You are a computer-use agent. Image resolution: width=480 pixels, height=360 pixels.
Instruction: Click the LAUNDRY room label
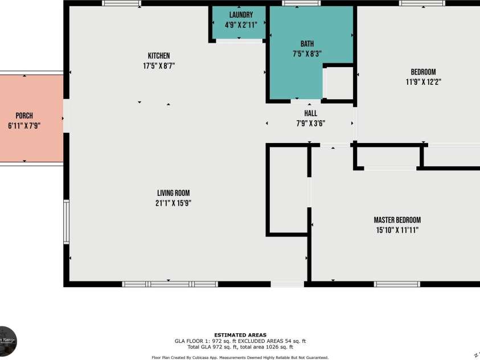tap(238, 15)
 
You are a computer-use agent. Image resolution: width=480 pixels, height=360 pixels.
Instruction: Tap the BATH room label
tap(307, 44)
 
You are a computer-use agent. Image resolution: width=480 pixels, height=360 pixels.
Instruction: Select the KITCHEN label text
tap(159, 56)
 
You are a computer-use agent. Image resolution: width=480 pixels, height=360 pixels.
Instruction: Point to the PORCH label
tap(24, 116)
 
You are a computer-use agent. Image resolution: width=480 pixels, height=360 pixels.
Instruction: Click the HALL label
tap(310, 113)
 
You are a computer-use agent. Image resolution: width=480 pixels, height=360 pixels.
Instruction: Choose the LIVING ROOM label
tap(174, 193)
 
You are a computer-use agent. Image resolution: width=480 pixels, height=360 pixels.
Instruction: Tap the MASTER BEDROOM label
tap(397, 220)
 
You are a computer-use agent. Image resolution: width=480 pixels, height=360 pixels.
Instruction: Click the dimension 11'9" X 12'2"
tap(423, 81)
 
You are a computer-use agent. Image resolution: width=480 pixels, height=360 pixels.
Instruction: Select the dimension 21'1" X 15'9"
tap(174, 203)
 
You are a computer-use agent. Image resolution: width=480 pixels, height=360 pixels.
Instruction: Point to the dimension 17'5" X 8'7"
tap(159, 66)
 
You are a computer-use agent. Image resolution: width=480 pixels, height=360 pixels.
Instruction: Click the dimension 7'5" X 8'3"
tap(307, 54)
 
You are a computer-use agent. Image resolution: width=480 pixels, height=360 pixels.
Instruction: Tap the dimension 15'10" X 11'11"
tap(397, 230)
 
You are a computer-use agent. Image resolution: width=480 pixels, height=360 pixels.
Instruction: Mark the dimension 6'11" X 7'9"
tap(24, 125)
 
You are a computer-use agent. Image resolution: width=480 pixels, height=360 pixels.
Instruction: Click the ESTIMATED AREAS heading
tap(240, 335)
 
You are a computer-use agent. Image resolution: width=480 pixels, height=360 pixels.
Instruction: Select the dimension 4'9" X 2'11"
tap(238, 25)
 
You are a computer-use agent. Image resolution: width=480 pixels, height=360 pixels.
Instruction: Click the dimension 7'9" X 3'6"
tap(310, 123)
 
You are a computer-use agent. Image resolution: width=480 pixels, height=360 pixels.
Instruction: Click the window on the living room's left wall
tap(67, 222)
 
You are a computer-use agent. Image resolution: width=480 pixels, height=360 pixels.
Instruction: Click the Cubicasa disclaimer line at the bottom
tap(240, 357)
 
